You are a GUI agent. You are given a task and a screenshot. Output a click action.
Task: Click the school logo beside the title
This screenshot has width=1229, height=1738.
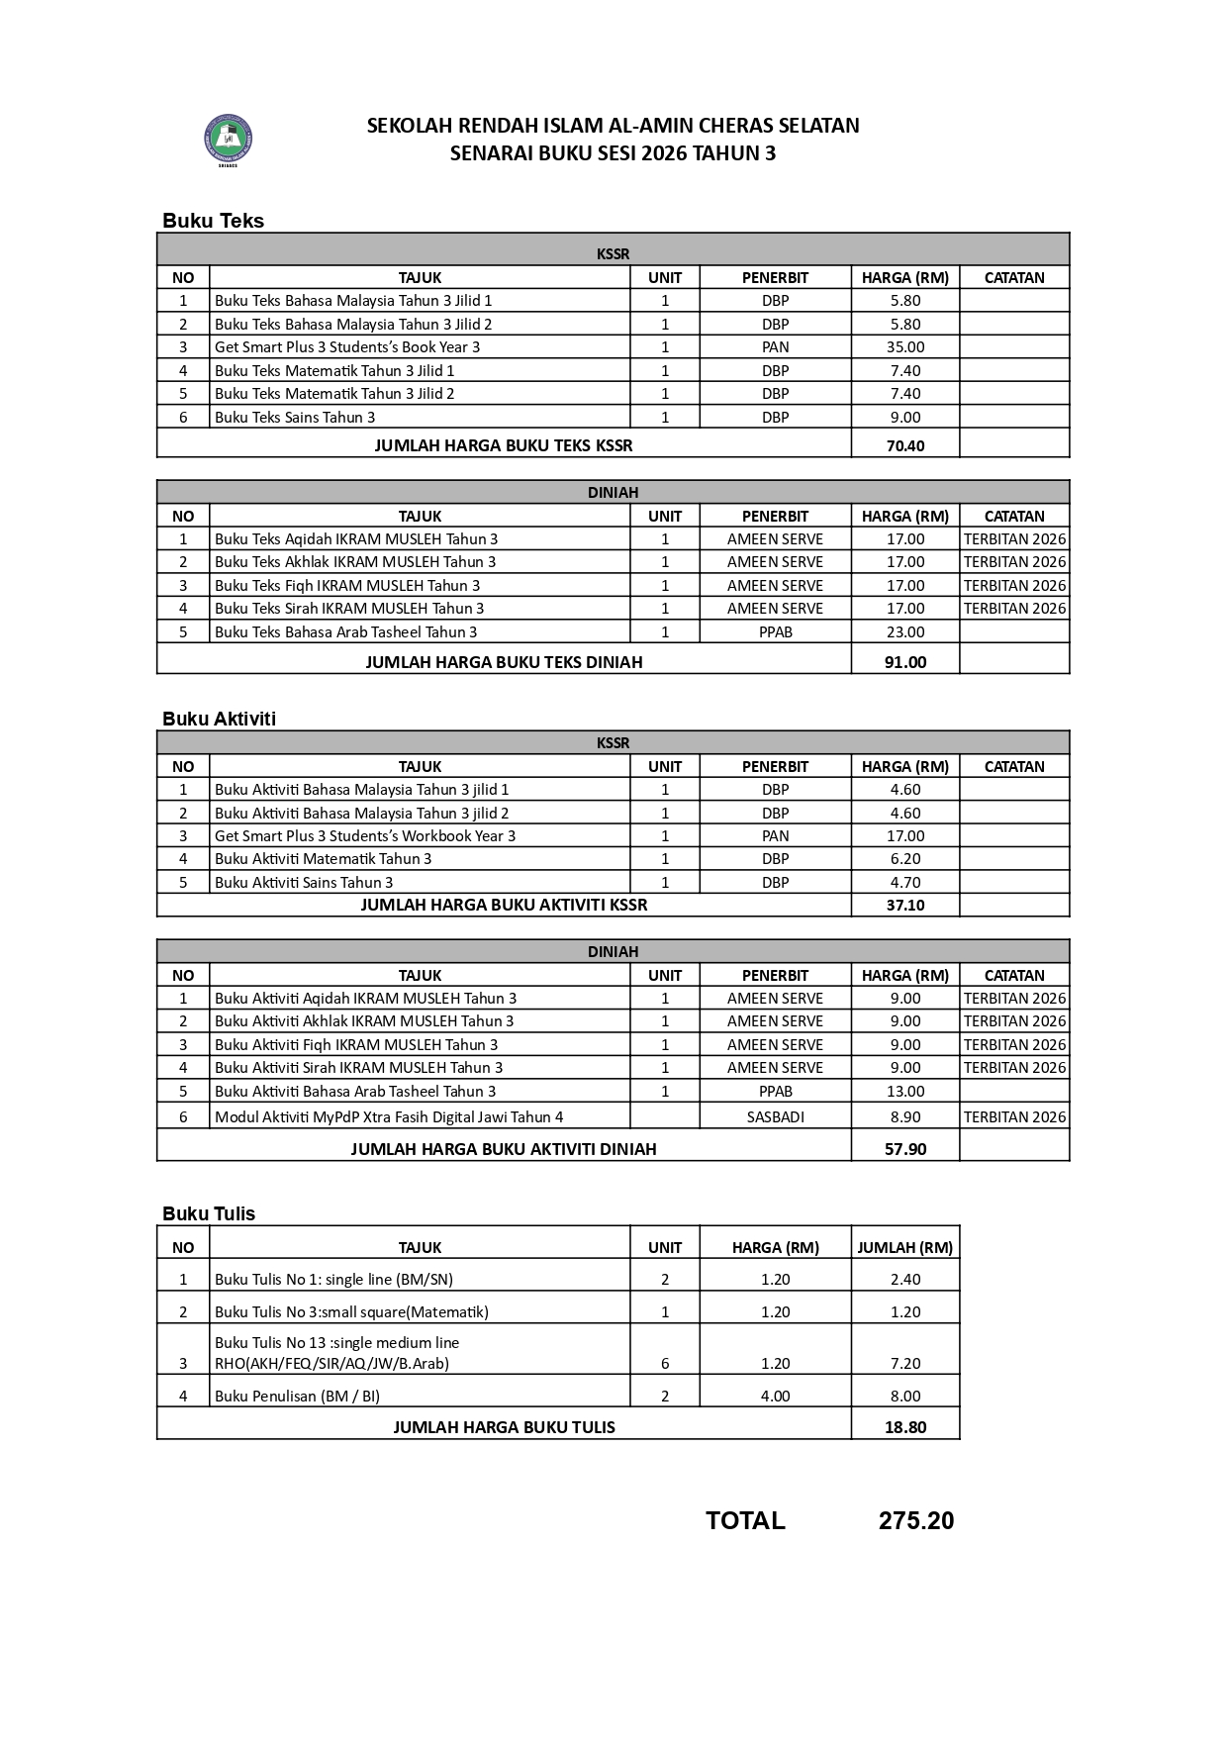pyautogui.click(x=229, y=140)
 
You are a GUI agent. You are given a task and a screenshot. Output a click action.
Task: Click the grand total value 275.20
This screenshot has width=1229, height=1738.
pyautogui.click(x=915, y=1521)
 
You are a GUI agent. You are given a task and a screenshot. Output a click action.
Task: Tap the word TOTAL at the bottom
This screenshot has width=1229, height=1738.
pyautogui.click(x=745, y=1521)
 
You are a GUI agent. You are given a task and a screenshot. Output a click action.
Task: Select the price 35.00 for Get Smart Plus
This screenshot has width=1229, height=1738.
pyautogui.click(x=904, y=347)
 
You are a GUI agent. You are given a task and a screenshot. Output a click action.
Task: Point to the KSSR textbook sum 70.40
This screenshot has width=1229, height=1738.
pyautogui.click(x=904, y=445)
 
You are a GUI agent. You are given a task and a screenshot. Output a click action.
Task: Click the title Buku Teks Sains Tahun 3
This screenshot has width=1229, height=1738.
pyautogui.click(x=295, y=418)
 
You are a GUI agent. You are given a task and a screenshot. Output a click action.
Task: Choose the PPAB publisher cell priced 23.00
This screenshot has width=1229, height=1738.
pyautogui.click(x=775, y=632)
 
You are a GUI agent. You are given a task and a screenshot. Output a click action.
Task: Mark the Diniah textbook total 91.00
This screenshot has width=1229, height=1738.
pyautogui.click(x=904, y=662)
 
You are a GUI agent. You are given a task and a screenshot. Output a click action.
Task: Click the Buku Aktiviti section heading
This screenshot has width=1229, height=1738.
pyautogui.click(x=219, y=719)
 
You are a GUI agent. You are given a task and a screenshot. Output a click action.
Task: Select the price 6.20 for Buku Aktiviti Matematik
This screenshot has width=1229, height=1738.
pyautogui.click(x=904, y=859)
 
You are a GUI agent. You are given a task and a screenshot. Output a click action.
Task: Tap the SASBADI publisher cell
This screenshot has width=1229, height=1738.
pyautogui.click(x=775, y=1117)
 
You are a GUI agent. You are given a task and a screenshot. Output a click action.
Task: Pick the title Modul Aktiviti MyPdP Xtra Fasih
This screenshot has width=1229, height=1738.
pyautogui.click(x=389, y=1117)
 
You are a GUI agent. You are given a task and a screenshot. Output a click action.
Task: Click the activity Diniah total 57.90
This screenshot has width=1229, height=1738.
pyautogui.click(x=904, y=1149)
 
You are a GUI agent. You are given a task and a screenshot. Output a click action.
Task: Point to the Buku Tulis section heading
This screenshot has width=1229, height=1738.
pyautogui.click(x=209, y=1213)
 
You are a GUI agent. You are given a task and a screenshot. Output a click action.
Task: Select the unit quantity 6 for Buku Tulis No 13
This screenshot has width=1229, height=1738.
pyautogui.click(x=665, y=1364)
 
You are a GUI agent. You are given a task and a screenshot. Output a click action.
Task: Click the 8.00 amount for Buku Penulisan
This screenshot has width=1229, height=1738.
pyautogui.click(x=904, y=1397)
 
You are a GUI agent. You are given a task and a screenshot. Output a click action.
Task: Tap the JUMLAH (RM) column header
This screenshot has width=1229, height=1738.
pyautogui.click(x=904, y=1248)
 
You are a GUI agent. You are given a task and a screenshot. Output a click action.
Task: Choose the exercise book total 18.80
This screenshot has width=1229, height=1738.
pyautogui.click(x=904, y=1427)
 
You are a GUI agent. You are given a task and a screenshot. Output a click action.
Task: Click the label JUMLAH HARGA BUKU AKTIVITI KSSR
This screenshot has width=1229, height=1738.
pyautogui.click(x=504, y=905)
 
